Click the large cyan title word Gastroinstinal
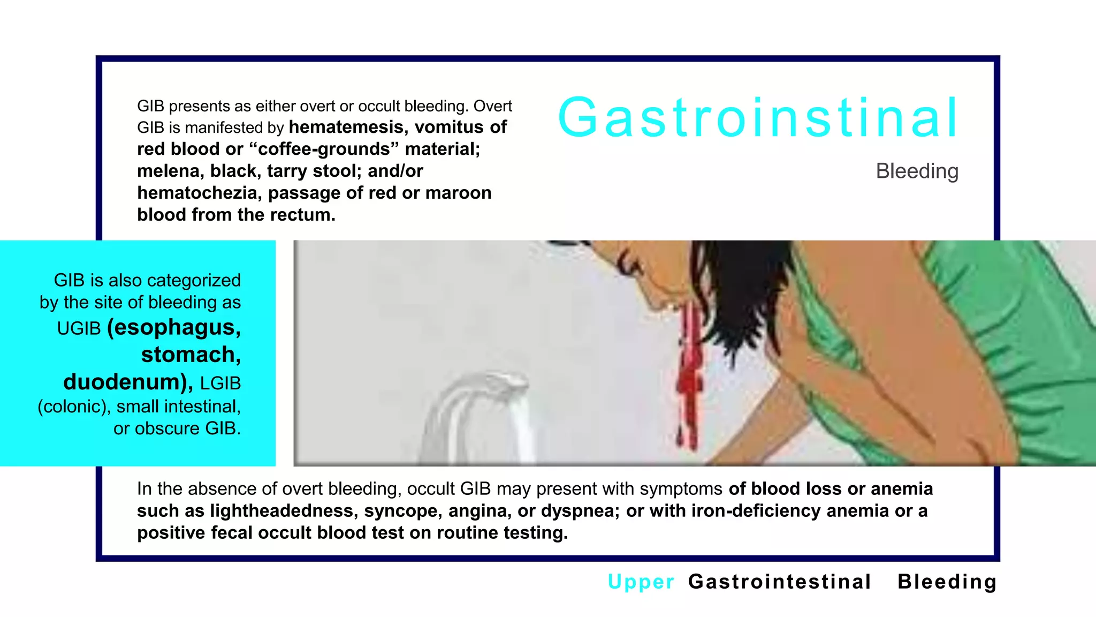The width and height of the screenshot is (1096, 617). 757,117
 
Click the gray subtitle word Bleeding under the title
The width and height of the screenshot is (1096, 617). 917,171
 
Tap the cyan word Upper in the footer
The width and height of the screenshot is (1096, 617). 641,582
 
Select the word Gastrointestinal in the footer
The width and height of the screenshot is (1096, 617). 780,582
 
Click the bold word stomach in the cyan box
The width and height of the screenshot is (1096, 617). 191,355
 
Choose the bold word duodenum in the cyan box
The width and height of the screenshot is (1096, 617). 127,382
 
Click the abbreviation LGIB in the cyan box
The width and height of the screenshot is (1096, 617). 220,383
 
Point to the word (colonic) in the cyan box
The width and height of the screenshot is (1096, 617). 73,407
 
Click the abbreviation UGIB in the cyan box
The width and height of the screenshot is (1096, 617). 79,328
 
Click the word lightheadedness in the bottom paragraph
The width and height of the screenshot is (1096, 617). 283,511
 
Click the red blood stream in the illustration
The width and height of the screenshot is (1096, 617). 690,375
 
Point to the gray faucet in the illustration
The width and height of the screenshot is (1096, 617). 471,407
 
